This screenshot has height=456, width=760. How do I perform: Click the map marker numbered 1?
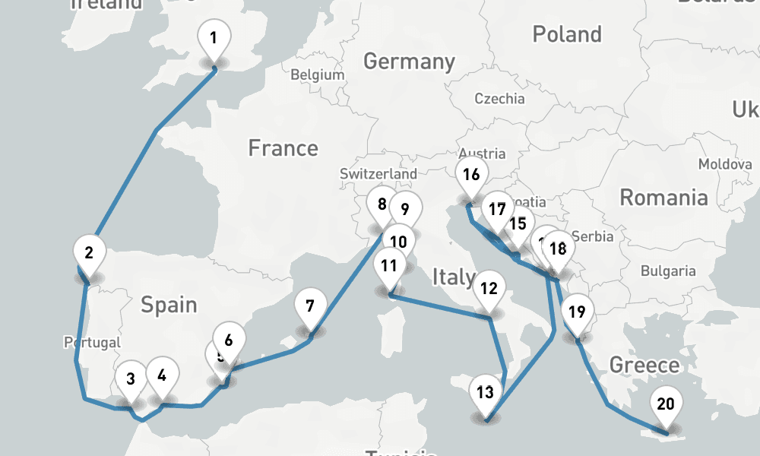(x=214, y=38)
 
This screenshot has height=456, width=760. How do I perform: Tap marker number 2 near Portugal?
(x=90, y=252)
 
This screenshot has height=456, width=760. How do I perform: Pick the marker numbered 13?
(x=486, y=393)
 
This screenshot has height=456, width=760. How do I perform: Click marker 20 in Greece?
(x=665, y=404)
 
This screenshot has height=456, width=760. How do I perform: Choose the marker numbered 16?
(x=471, y=175)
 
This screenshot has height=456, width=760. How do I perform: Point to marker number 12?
(x=489, y=289)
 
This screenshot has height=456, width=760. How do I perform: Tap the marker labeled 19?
(x=577, y=311)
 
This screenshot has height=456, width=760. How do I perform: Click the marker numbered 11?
(x=389, y=266)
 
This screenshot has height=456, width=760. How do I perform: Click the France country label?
(x=283, y=147)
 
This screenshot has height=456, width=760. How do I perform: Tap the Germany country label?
(x=409, y=61)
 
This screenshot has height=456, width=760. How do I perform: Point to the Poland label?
(x=567, y=34)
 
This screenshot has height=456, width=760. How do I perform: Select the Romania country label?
(x=663, y=198)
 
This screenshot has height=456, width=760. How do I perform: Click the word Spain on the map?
(x=169, y=305)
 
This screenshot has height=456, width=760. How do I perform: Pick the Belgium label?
(x=318, y=75)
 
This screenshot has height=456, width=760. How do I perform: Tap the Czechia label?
(x=499, y=98)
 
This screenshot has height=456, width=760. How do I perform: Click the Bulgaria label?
(x=668, y=271)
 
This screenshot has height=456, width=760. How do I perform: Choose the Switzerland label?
(x=378, y=173)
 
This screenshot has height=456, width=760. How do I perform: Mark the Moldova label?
(x=724, y=164)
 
